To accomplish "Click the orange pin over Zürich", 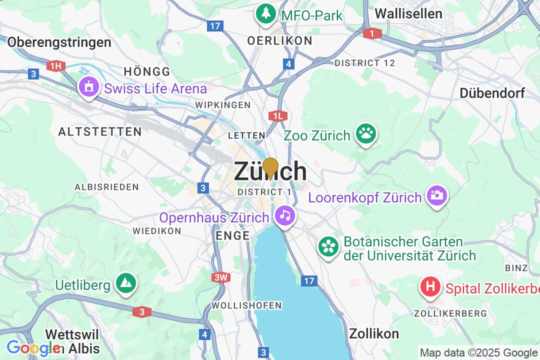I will pos(270,167).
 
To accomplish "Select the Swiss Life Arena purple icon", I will pos(89,88).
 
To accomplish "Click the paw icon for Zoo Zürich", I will pos(366,134).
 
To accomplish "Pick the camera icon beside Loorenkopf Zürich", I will pos(436,196).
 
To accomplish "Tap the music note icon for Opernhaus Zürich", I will pos(285,216).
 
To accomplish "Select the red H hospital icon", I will pos(430,287).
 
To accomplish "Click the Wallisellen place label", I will pos(408,13).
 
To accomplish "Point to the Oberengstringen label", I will pos(59,42).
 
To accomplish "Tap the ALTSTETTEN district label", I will pos(100,131).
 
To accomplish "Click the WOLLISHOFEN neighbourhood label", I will pos(246,305).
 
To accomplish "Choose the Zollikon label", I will pos(374,333).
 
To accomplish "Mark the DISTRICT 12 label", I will pos(364,63).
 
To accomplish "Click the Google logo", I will pos(32,348).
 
